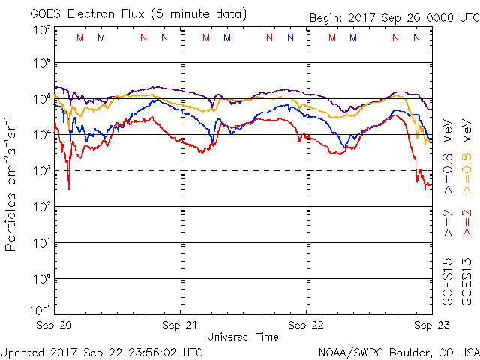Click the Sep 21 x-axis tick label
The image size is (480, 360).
(x=181, y=325)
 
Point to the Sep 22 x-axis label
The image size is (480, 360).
(x=306, y=325)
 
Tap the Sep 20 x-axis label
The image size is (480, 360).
(x=55, y=325)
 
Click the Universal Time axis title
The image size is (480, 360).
(x=243, y=337)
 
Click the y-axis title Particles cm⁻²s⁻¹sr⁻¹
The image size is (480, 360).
(x=13, y=183)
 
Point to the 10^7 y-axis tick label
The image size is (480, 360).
(x=42, y=30)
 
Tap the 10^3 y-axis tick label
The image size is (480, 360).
(x=42, y=171)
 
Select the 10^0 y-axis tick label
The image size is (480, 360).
(x=42, y=279)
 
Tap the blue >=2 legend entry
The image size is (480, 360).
(x=447, y=223)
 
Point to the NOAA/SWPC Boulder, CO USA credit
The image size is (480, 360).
(x=398, y=351)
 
